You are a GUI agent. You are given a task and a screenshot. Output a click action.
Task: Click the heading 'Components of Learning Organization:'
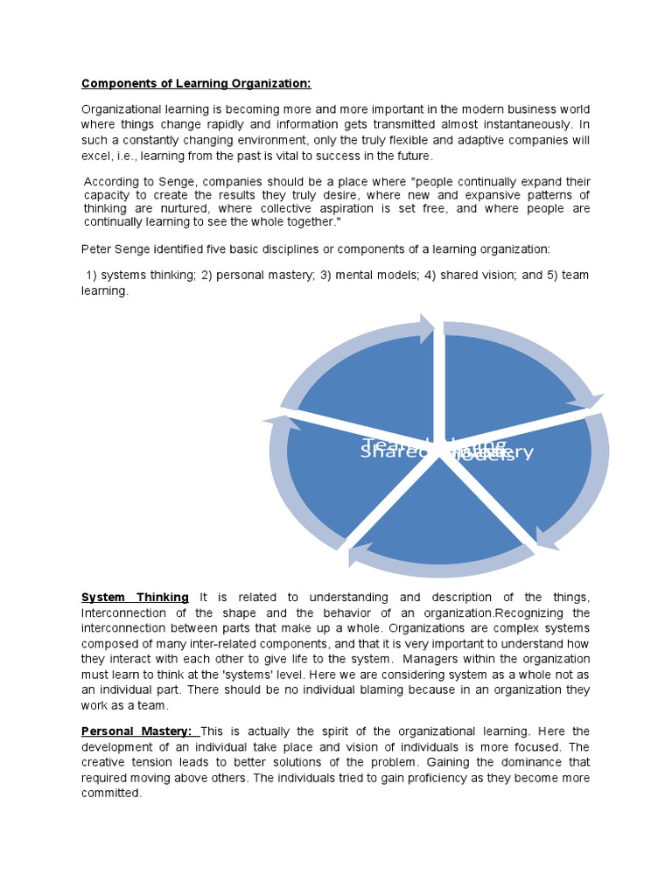click(196, 84)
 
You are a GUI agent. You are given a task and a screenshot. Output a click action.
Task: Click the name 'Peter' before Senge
click(97, 249)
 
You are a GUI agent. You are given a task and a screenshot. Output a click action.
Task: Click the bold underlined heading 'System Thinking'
click(135, 597)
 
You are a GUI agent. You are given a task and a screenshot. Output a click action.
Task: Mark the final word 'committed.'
click(111, 794)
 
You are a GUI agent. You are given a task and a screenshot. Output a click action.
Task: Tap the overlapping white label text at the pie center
click(446, 451)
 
